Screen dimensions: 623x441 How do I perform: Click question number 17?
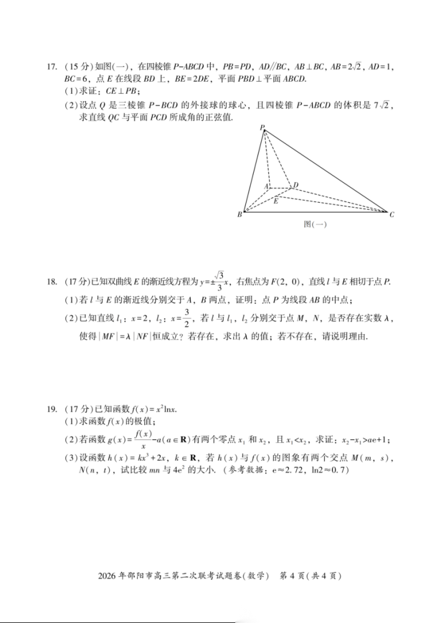click(52, 67)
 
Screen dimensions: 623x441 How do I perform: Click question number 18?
click(52, 282)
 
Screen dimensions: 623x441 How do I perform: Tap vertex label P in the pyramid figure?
click(261, 128)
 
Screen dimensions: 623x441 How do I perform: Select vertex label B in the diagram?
click(240, 215)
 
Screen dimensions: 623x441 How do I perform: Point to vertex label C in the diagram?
click(392, 215)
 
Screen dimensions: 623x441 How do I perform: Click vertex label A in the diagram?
click(266, 186)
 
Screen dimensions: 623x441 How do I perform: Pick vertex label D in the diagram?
click(296, 185)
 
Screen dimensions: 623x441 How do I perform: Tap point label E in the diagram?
click(275, 201)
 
